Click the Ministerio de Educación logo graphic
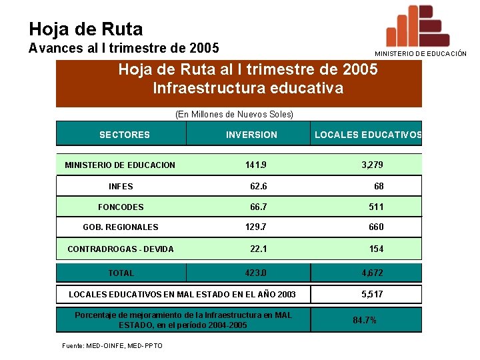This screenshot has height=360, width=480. pos(418,26)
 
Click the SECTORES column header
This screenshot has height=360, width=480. pos(125,135)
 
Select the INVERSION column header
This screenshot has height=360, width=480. pos(251,135)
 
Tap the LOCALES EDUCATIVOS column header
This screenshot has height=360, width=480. pos(368,135)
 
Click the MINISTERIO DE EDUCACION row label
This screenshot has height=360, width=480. pos(120,165)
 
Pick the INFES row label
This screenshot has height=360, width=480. pos(121,187)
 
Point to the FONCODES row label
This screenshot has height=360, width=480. pos(121,207)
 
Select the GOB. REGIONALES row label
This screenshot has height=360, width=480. pos(121,227)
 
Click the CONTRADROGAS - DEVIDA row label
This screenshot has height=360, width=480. pos(121,249)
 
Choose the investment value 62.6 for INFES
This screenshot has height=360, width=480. pos(259,187)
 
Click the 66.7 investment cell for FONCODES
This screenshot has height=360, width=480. pos(259,207)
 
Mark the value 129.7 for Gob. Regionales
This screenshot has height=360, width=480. pos(256,227)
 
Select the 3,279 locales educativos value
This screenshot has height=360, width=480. pos(372,165)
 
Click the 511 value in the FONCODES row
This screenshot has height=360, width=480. pos(377,207)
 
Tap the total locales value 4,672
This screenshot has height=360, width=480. pos(372,273)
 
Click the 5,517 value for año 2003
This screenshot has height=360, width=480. pos(372,294)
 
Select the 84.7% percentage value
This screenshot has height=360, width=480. pos(365,321)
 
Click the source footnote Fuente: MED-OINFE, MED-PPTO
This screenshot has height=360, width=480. pos(112,345)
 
